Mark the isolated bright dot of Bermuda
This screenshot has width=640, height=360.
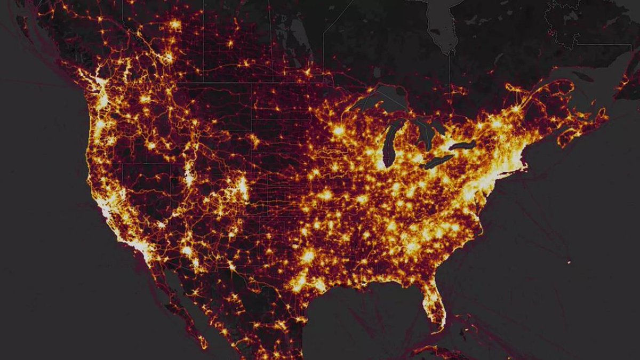click(569, 262)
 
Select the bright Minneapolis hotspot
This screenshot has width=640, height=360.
click(338, 130)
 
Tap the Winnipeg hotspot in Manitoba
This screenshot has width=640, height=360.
click(307, 71)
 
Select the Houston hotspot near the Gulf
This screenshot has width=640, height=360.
click(308, 257)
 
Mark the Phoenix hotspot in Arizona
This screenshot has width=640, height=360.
click(187, 250)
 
